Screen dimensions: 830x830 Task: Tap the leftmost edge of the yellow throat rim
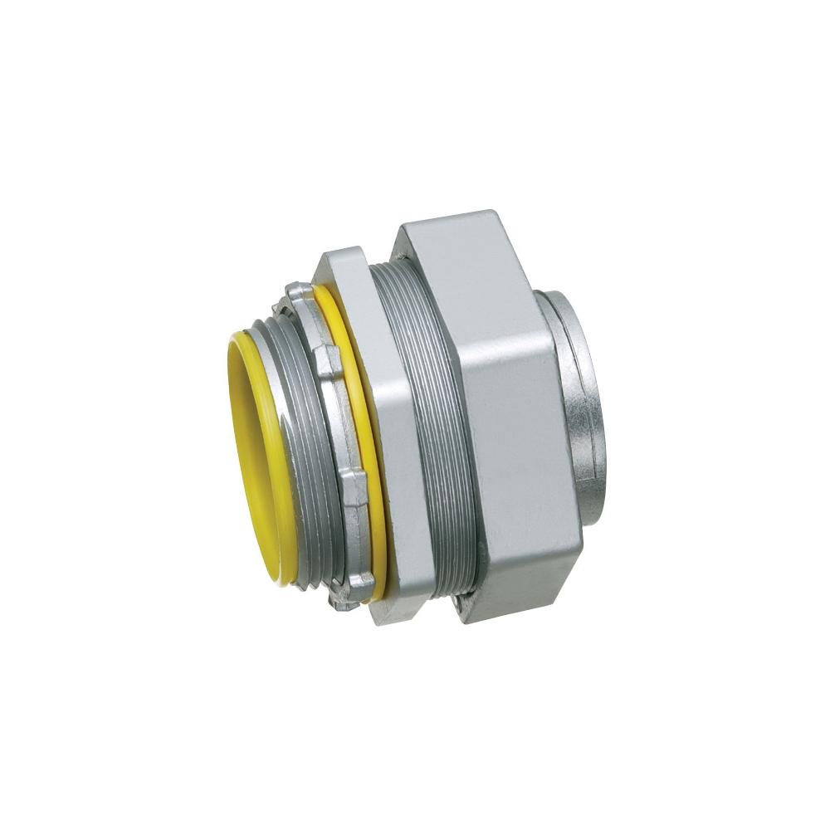pyautogui.click(x=228, y=432)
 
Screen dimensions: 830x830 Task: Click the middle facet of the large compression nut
pyautogui.click(x=523, y=415)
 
